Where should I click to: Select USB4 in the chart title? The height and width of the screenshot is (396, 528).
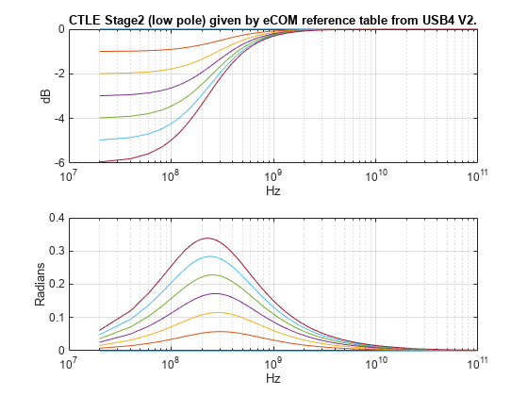(x=429, y=19)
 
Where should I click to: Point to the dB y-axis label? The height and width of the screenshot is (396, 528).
(x=44, y=95)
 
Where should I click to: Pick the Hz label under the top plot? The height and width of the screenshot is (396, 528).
(x=272, y=190)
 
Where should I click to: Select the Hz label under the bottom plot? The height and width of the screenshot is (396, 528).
(x=272, y=378)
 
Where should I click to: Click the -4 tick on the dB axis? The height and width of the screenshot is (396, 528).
(x=57, y=118)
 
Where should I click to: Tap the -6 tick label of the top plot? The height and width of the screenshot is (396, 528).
(x=57, y=163)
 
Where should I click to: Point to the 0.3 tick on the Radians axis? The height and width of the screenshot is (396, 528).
(x=54, y=251)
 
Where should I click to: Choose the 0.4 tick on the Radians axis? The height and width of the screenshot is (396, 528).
(x=54, y=218)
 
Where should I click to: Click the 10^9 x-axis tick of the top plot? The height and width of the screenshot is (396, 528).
(x=272, y=175)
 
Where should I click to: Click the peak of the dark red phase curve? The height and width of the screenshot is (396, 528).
(x=206, y=238)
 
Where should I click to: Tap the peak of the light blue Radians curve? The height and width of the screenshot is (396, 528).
(x=208, y=256)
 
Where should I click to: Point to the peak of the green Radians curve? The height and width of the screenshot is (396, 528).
(x=212, y=274)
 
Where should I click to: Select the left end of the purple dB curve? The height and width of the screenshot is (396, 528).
(x=100, y=95)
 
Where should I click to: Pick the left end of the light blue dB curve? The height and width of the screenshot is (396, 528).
(x=100, y=140)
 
